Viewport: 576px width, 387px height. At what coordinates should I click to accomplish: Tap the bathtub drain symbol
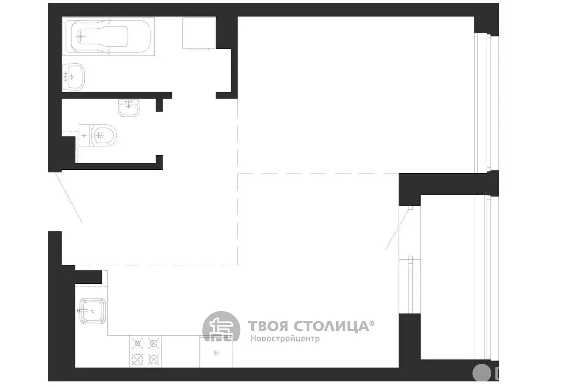[80, 36]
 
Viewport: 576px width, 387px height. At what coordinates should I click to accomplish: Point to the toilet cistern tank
[84, 135]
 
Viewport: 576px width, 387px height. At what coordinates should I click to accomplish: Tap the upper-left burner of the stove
[138, 343]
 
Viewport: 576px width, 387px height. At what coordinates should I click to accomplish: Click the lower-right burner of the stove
[154, 359]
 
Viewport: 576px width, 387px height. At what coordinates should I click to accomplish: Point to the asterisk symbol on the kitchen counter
[216, 353]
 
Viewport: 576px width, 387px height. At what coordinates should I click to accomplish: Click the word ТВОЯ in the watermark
[268, 326]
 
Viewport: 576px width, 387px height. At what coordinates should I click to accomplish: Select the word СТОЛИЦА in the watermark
[331, 327]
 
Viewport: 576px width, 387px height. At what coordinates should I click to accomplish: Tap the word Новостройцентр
[285, 338]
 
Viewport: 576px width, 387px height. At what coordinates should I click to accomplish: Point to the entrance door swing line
[69, 197]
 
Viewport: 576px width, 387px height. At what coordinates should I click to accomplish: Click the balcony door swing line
[397, 229]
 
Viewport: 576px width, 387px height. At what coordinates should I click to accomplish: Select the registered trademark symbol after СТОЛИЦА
[372, 323]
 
